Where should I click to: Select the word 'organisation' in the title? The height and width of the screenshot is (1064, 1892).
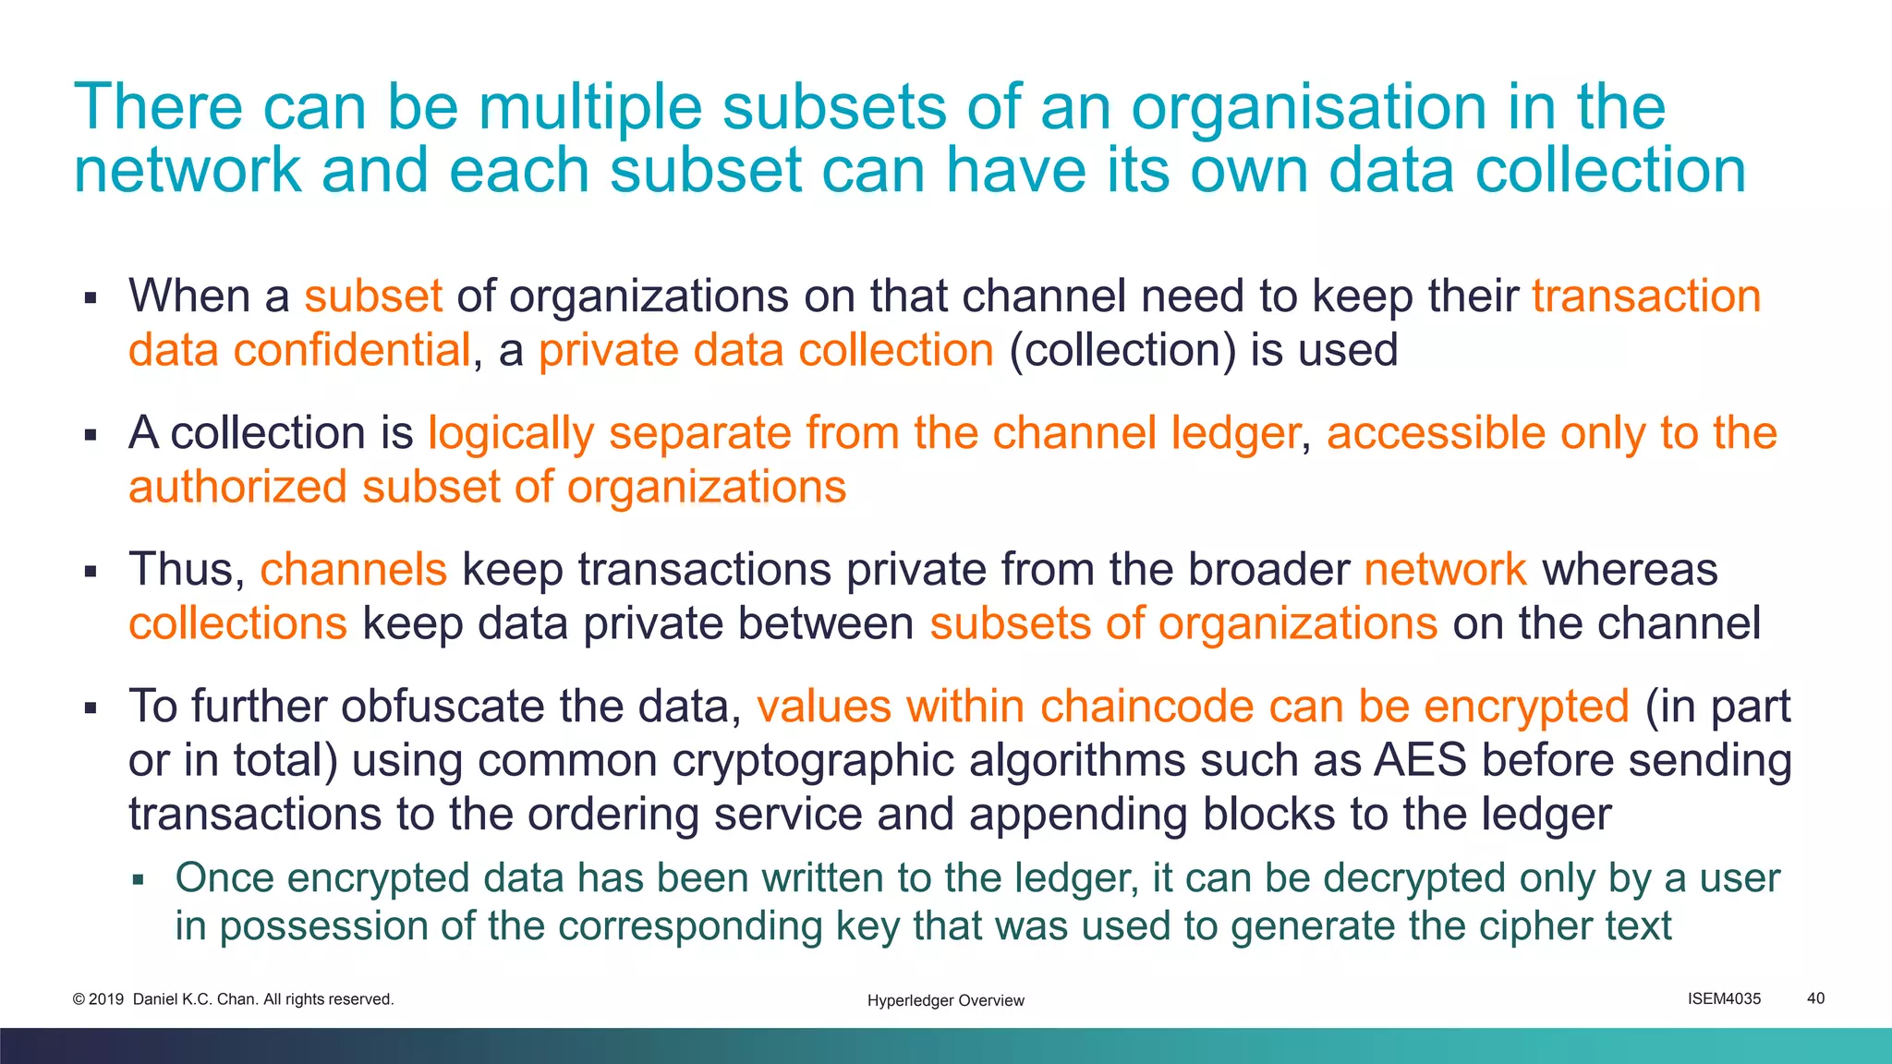click(x=1309, y=108)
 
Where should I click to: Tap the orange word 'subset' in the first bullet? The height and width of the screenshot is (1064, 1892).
click(x=373, y=296)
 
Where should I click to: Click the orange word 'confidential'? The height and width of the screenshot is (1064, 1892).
click(x=352, y=351)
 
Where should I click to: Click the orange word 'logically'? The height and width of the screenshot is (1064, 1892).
click(x=510, y=433)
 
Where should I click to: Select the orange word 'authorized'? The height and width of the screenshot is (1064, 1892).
click(x=237, y=487)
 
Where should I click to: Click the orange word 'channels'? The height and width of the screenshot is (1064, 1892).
click(x=353, y=570)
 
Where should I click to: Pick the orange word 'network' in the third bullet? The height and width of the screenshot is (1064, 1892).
click(x=1445, y=570)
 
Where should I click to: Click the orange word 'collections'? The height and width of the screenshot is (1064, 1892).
click(x=237, y=623)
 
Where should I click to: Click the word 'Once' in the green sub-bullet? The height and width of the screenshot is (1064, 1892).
click(x=224, y=878)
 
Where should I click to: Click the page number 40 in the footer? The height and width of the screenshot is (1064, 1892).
click(x=1815, y=998)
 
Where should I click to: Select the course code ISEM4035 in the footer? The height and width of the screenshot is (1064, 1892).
click(x=1724, y=998)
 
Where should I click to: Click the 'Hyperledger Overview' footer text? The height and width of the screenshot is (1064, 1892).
click(x=945, y=1000)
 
